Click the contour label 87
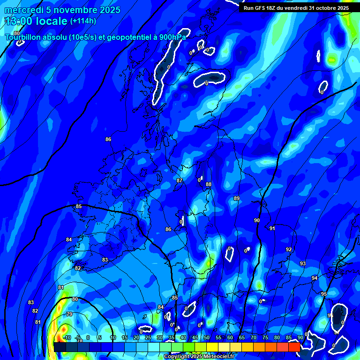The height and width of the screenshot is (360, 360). [180, 180]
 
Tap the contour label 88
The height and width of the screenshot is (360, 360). [209, 185]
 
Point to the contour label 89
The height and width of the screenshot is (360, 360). [237, 199]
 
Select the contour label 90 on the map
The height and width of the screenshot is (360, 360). [257, 220]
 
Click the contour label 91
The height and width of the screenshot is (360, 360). [272, 228]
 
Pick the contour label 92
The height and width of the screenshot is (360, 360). [289, 249]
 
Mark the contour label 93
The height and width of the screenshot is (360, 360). [303, 264]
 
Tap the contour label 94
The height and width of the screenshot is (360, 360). [315, 278]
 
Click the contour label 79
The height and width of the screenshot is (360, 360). [69, 314]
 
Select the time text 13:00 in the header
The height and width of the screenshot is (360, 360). [19, 21]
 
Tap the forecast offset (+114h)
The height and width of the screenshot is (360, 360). [83, 21]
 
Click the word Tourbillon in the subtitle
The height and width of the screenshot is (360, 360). [25, 37]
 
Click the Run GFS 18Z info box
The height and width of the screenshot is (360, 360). [296, 8]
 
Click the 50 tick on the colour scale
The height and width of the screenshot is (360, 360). [207, 338]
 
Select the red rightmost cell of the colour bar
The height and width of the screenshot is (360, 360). [294, 347]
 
